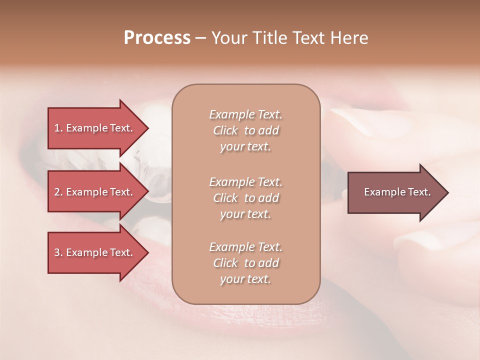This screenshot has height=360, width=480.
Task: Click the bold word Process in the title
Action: click(x=157, y=38)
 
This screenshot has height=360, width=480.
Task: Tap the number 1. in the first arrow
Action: click(x=58, y=128)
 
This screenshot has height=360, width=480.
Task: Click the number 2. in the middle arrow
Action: click(x=58, y=192)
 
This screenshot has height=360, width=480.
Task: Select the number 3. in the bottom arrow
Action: click(x=58, y=252)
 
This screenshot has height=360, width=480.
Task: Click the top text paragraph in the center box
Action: click(x=245, y=130)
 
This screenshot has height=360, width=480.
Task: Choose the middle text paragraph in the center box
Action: click(x=245, y=198)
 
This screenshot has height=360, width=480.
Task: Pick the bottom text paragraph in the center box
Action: click(x=245, y=263)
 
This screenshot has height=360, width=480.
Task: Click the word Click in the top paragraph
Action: click(x=225, y=130)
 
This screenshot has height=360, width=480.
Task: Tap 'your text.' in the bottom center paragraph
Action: click(x=245, y=279)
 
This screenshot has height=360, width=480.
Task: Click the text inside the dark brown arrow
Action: click(x=397, y=192)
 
